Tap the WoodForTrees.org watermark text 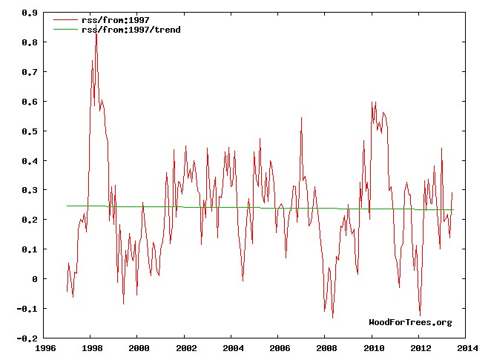pyautogui.click(x=410, y=322)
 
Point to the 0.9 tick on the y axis pyautogui.click(x=30, y=13)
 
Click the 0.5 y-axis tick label pyautogui.click(x=30, y=131)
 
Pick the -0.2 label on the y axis pyautogui.click(x=27, y=338)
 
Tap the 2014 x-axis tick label pyautogui.click(x=467, y=347)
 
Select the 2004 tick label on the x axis pyautogui.click(x=233, y=347)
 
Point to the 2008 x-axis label pyautogui.click(x=326, y=347)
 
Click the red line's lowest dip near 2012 pyautogui.click(x=420, y=316)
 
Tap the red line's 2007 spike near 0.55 pyautogui.click(x=301, y=117)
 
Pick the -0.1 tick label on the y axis pyautogui.click(x=27, y=308)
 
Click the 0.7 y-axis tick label pyautogui.click(x=30, y=72)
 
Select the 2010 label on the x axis pyautogui.click(x=373, y=347)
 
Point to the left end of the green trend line pyautogui.click(x=67, y=206)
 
